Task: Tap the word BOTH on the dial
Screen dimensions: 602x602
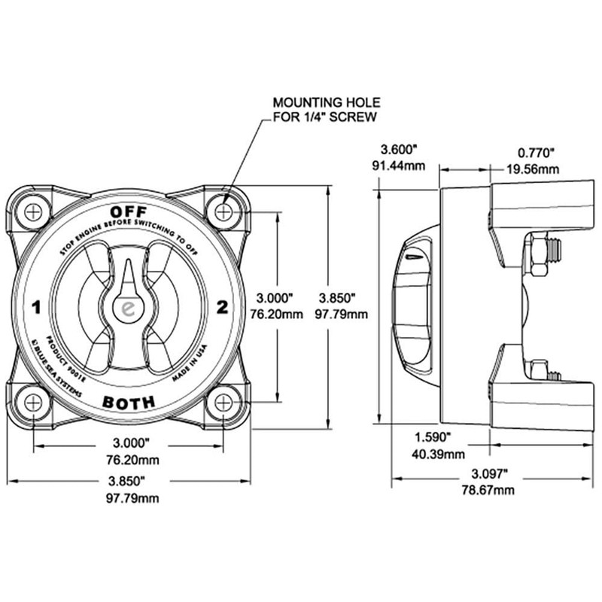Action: coord(128,402)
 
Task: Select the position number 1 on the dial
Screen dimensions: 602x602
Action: coord(35,307)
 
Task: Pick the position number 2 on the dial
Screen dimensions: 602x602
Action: coord(222,306)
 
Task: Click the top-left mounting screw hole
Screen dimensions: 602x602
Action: coord(33,212)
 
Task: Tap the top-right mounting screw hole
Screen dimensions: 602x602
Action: coord(223,212)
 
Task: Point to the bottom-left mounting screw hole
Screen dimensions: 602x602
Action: coord(33,402)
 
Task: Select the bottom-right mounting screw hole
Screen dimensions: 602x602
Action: coord(223,402)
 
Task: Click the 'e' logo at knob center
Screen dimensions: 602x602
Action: coord(128,308)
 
